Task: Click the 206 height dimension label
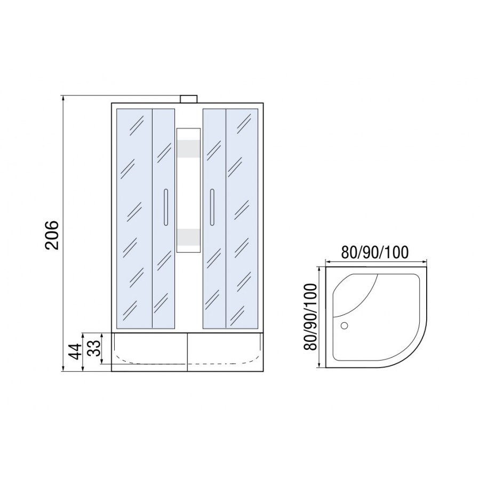point(51,235)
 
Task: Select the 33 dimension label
point(94,348)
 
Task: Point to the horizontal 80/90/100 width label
point(375,253)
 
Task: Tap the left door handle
point(166,207)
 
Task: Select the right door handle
point(212,207)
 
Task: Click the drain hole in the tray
point(345,325)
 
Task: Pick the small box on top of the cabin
point(189,99)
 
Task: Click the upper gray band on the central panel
point(189,149)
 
